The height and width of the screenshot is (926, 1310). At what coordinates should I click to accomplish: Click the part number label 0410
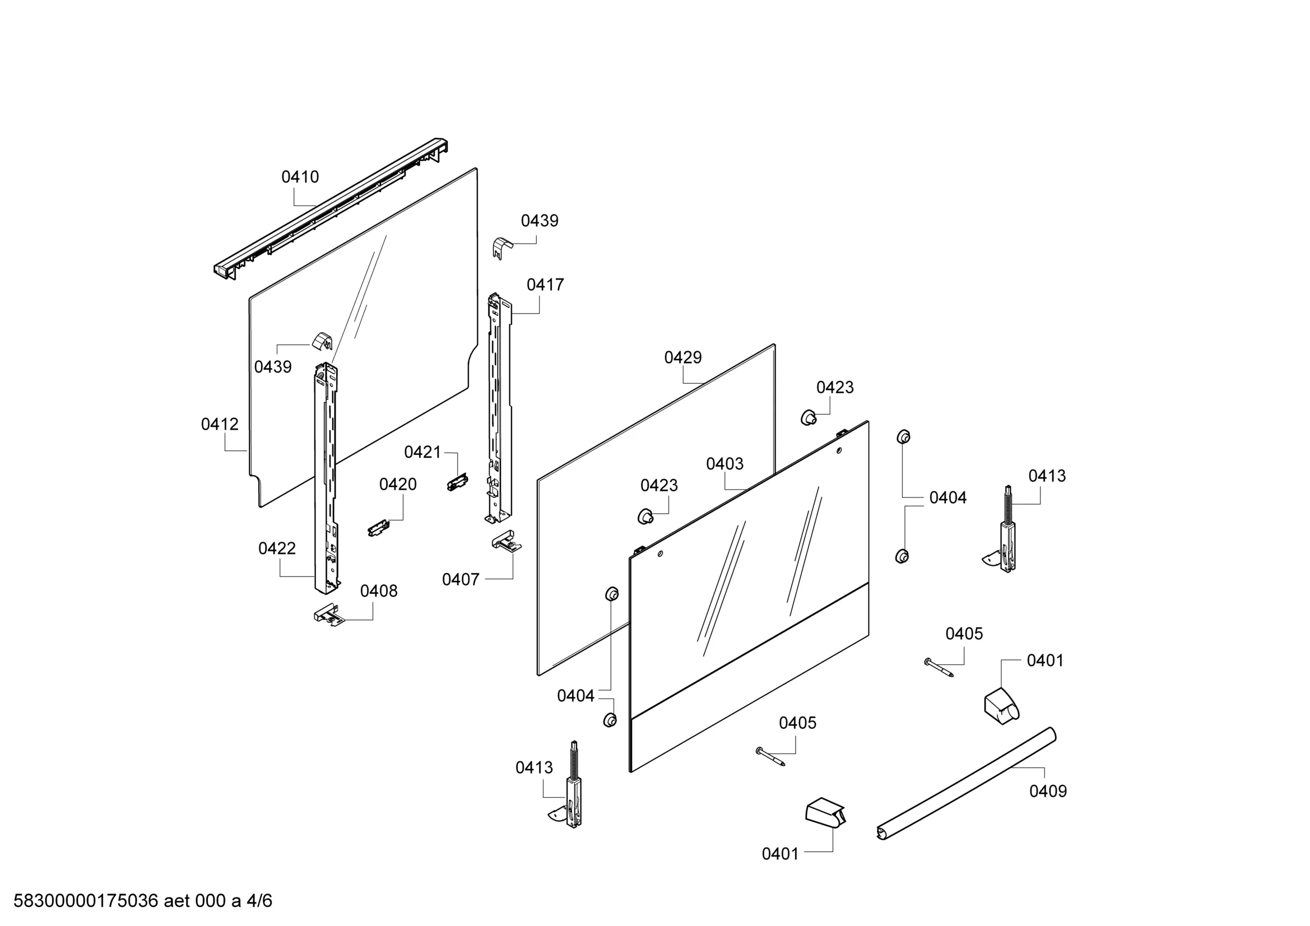300,177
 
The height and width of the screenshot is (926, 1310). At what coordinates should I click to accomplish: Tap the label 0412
220,424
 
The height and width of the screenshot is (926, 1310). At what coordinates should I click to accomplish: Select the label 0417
545,284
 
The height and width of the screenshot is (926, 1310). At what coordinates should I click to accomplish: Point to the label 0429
682,357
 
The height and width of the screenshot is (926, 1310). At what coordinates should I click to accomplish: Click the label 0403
724,463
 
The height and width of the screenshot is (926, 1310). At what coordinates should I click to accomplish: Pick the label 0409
1048,791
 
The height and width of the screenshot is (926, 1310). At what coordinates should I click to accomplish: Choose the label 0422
277,548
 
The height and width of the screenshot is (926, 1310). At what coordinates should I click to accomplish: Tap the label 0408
379,590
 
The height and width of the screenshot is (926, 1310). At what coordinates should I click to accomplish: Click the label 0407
461,580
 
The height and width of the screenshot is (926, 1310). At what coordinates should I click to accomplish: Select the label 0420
398,485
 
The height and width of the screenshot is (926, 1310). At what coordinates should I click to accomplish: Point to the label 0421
423,452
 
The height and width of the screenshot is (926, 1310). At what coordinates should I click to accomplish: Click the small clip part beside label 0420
378,528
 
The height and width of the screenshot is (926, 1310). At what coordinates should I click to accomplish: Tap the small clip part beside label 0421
457,482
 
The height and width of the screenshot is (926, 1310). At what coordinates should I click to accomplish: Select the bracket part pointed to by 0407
507,541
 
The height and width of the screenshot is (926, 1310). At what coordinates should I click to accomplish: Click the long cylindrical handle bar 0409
966,784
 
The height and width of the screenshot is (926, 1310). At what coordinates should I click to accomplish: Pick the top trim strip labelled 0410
331,208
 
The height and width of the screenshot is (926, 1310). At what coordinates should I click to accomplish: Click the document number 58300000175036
86,901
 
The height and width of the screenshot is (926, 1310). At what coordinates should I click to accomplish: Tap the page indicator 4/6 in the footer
259,901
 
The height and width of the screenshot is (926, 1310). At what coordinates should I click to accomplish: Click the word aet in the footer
177,901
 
